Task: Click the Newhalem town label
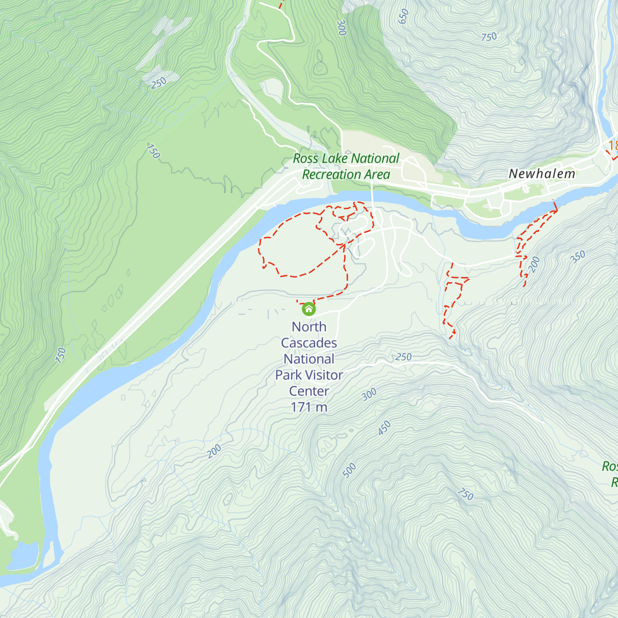pos(542,174)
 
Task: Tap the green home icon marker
pos(308,309)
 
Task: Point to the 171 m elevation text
pos(309,407)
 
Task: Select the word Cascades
pos(309,343)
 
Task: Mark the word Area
pos(377,175)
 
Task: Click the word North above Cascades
pos(309,327)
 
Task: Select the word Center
pos(309,391)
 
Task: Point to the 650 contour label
pos(404,16)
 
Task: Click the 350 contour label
pos(578,256)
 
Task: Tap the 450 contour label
pos(384,428)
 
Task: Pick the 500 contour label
pos(349,470)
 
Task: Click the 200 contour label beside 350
pos(534,264)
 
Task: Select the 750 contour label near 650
pos(489,37)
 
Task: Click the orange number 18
pos(612,146)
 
